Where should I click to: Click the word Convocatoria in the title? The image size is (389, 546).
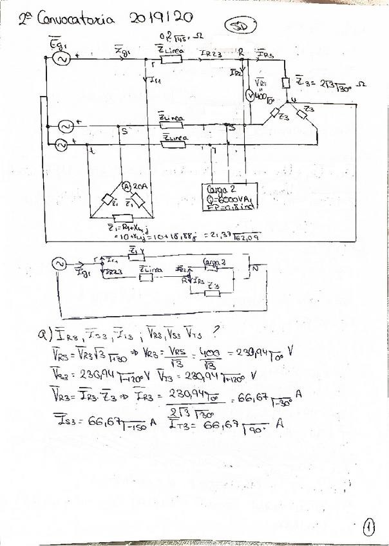[76, 19]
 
